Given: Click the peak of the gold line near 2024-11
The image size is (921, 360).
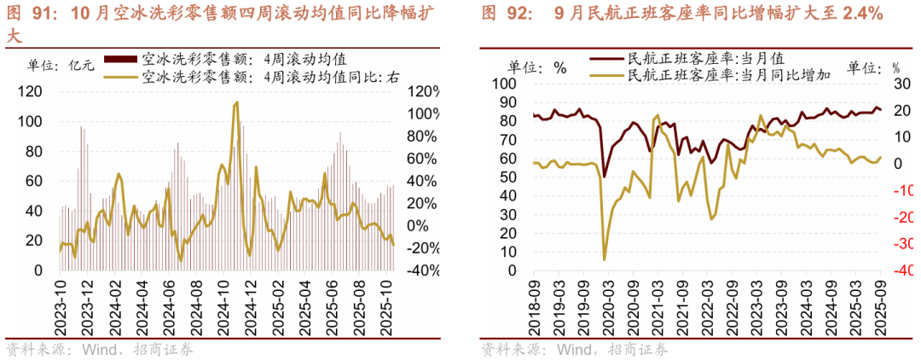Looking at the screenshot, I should [235, 102].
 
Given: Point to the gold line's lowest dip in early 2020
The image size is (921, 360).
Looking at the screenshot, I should [605, 259].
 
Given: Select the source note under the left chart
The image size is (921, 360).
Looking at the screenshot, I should [99, 350].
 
